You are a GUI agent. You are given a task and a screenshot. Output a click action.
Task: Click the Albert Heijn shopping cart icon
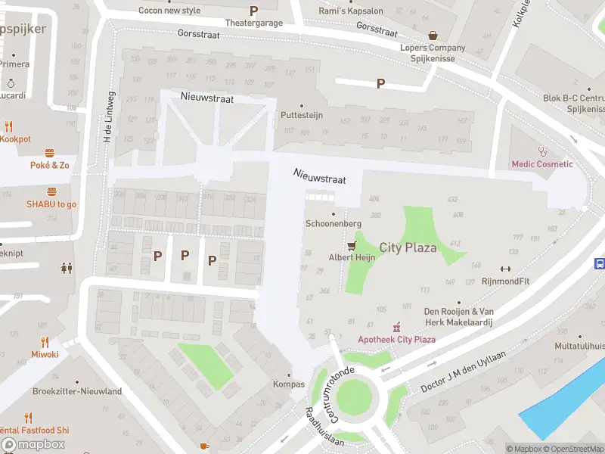(351, 246)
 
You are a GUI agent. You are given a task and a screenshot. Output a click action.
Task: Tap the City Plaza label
(408, 247)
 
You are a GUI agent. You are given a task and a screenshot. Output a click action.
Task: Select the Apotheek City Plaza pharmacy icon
(396, 327)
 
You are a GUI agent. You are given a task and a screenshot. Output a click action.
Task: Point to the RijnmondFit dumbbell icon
(505, 269)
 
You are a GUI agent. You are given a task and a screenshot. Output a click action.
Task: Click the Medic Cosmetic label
(542, 164)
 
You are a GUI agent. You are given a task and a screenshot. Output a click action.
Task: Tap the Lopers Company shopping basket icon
(433, 35)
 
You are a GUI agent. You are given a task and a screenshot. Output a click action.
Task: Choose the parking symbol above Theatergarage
(253, 11)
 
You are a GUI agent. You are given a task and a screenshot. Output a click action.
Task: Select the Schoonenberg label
(333, 224)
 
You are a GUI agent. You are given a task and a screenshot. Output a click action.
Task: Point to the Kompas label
(288, 384)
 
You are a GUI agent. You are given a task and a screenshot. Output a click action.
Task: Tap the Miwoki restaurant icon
(45, 342)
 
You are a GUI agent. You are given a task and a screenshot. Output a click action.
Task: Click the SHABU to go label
(51, 204)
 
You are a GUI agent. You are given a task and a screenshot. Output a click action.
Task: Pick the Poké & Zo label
(50, 165)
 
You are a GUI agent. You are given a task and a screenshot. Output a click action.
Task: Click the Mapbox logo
(33, 444)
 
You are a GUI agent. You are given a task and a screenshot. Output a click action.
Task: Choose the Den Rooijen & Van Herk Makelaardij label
(458, 316)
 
